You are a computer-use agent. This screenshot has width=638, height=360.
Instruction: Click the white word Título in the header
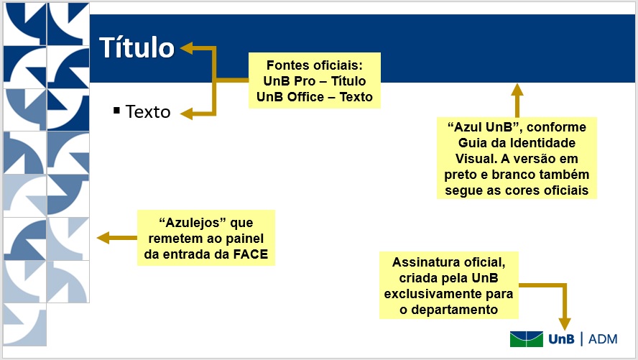click(137, 47)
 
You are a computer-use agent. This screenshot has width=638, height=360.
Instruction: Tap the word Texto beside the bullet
click(148, 112)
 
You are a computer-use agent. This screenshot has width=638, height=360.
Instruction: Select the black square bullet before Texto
click(117, 110)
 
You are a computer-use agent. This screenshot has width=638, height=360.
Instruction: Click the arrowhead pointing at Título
click(186, 48)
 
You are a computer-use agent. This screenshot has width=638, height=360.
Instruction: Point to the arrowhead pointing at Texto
click(186, 114)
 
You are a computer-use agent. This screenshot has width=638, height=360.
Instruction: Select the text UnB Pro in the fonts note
click(289, 81)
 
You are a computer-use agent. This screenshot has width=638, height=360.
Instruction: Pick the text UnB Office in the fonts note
click(290, 97)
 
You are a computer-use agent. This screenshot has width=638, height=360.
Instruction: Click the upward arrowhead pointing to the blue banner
click(517, 90)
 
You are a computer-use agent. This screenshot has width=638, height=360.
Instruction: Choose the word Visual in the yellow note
click(474, 159)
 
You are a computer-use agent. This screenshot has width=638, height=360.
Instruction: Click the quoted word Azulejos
click(193, 223)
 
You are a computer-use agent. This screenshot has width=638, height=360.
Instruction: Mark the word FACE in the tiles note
click(251, 254)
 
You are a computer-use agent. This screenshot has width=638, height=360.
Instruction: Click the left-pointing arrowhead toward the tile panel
click(103, 238)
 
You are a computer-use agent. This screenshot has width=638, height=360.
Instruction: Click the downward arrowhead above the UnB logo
click(565, 324)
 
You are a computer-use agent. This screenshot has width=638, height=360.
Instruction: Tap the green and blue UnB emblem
click(527, 339)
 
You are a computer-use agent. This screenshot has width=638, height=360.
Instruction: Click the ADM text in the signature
click(603, 339)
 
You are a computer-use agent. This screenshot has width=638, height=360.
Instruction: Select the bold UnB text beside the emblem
click(562, 339)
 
